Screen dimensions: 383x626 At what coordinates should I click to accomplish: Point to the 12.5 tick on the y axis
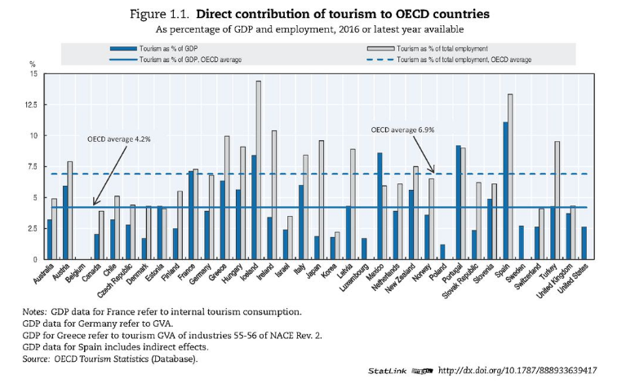[32, 104]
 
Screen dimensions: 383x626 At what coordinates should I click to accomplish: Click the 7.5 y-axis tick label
[33, 167]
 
